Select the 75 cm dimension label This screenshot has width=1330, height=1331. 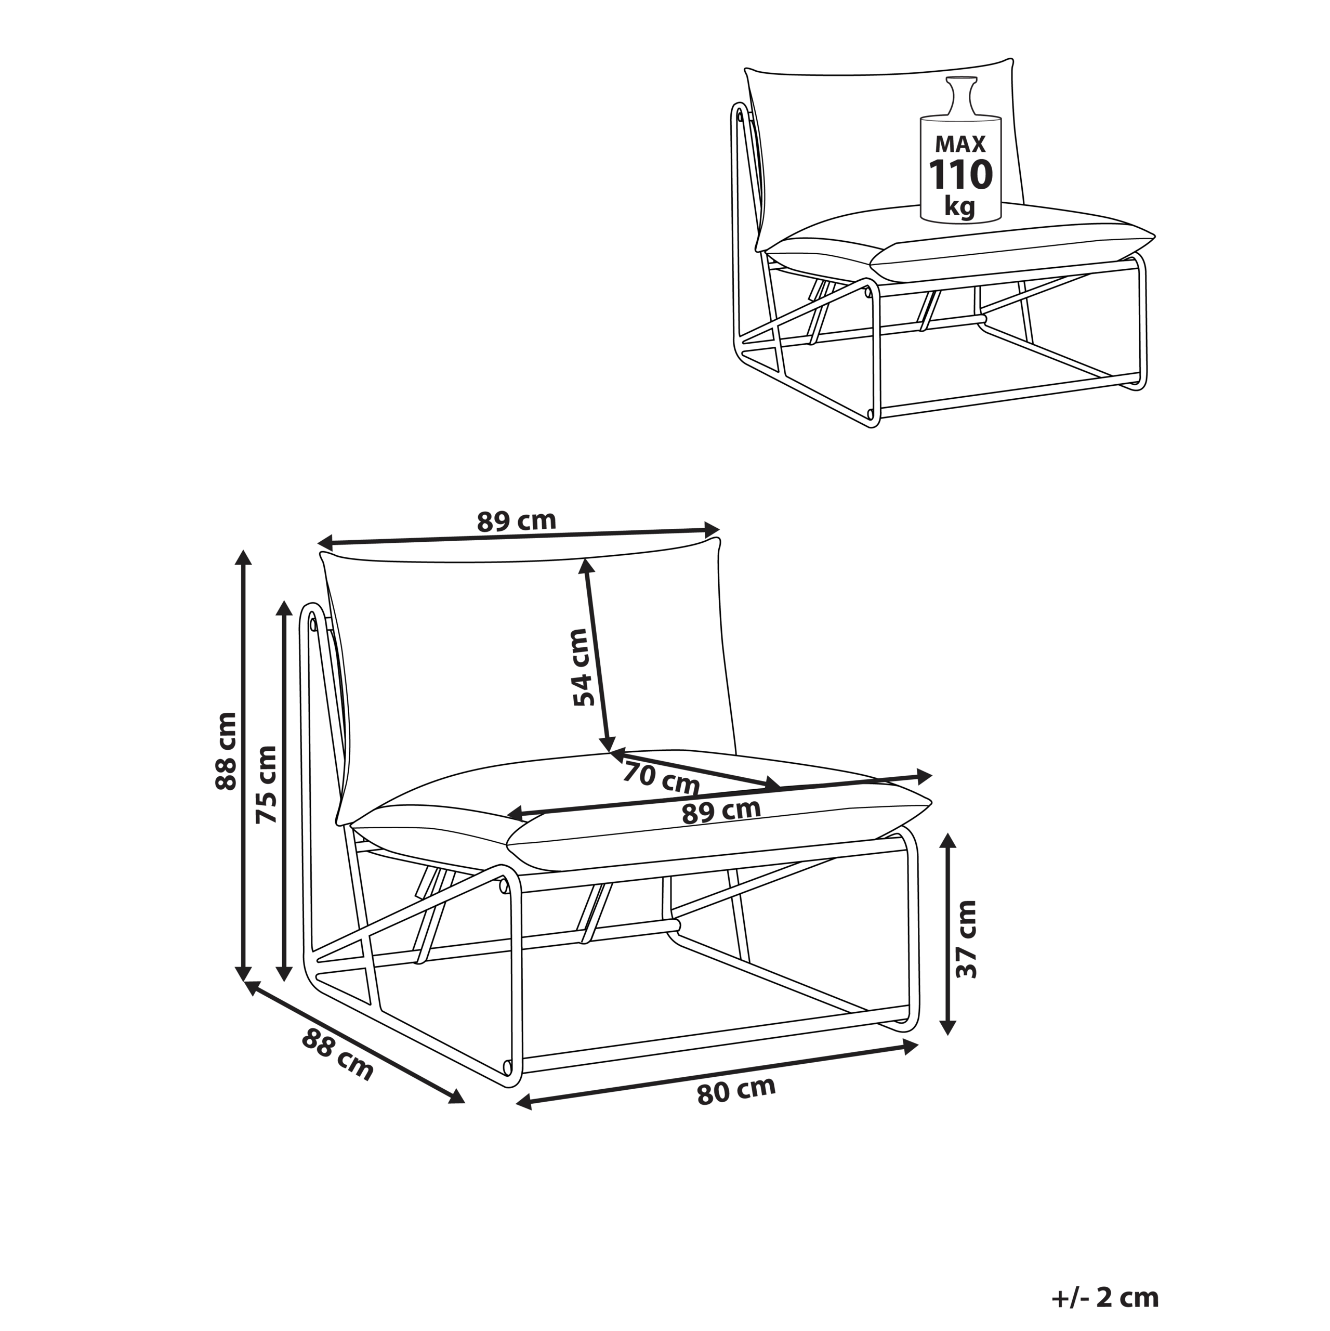[266, 784]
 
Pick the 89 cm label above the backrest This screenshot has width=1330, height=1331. [517, 521]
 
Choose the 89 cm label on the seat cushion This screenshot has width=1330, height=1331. [721, 812]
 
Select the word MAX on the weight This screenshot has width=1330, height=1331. [960, 144]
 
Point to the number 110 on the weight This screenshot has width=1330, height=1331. [961, 175]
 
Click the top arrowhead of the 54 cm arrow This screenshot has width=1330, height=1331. [586, 567]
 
